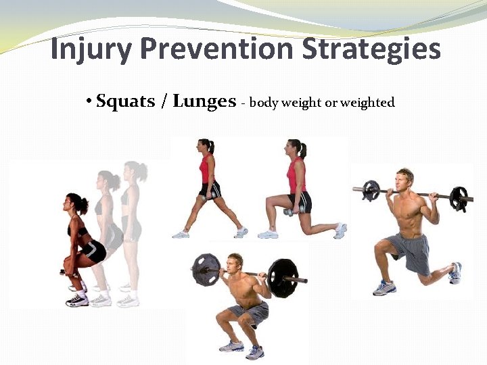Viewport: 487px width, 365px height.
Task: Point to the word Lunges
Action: (204, 102)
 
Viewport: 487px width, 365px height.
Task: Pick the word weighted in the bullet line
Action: (367, 103)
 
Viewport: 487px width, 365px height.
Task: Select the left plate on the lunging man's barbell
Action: (370, 191)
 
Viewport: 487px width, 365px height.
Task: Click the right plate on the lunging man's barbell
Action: (459, 199)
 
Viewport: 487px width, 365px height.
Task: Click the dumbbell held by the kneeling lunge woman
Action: (292, 212)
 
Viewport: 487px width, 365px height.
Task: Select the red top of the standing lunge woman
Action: (207, 168)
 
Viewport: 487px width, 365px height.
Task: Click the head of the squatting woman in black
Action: (75, 203)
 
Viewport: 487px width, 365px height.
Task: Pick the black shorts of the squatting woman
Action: (93, 251)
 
